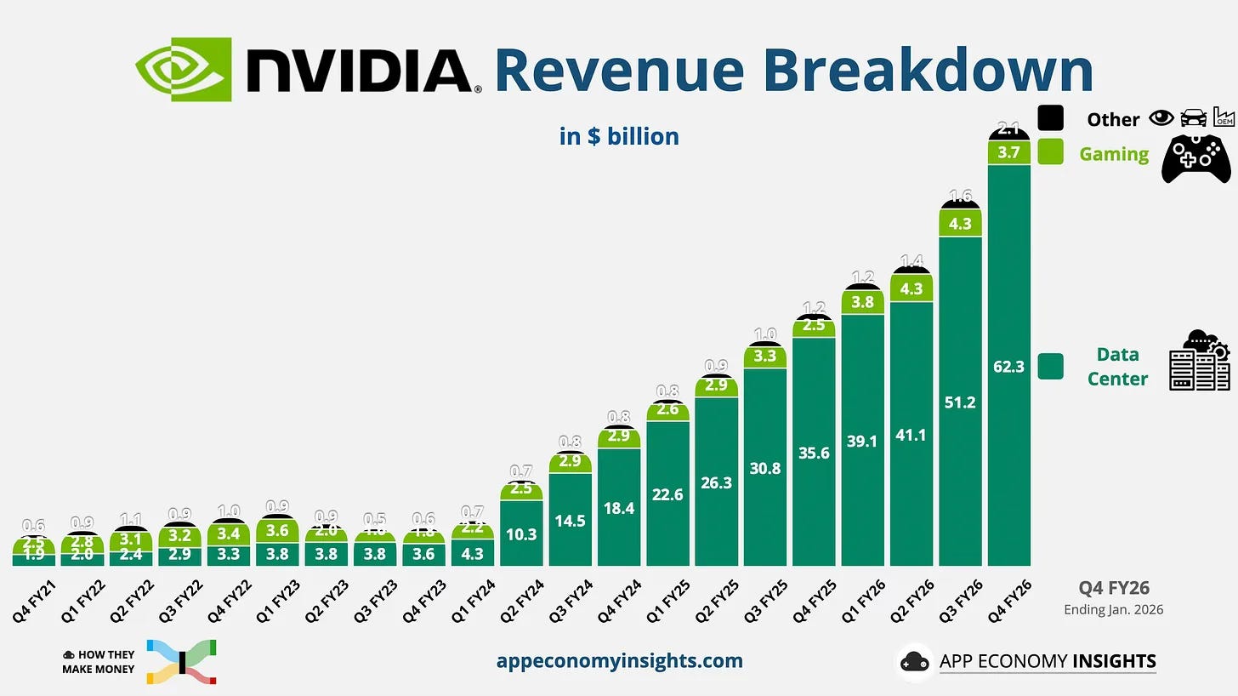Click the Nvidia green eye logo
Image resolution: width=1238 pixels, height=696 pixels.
[x=183, y=69]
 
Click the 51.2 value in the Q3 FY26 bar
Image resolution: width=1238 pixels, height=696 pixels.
[x=960, y=402]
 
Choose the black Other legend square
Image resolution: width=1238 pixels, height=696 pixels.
[x=1050, y=117]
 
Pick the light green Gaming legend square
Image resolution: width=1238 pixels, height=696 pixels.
[x=1050, y=151]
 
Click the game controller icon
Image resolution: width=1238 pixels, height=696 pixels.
[x=1195, y=157]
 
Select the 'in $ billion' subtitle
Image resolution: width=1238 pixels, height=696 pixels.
[x=619, y=136]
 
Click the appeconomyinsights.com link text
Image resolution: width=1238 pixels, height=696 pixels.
[x=619, y=660]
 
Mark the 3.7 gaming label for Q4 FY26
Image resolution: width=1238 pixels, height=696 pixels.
[x=1008, y=152]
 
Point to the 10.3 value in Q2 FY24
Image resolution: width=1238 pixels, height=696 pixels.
[x=521, y=534]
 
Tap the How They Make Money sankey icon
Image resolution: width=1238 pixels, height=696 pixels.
[x=181, y=662]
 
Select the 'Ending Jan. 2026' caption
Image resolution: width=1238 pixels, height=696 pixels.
[x=1113, y=609]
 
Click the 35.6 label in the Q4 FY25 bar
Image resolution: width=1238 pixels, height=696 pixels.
[x=814, y=453]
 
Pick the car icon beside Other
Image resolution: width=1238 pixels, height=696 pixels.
[x=1193, y=118]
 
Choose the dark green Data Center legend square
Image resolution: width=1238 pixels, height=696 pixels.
[x=1050, y=367]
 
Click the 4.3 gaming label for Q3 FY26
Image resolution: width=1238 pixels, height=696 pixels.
[x=960, y=224]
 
